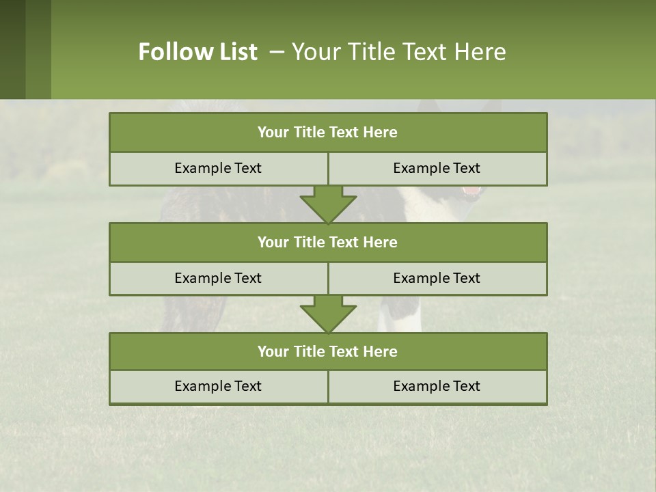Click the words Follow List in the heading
[197, 52]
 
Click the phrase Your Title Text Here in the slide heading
[398, 52]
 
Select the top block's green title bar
[328, 133]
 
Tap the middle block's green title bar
[328, 242]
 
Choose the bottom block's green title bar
[328, 351]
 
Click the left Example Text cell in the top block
[218, 168]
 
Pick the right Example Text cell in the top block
[437, 168]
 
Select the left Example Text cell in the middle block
[218, 278]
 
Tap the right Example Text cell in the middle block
[437, 278]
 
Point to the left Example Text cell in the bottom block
[218, 386]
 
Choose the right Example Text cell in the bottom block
[437, 386]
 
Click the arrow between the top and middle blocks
[328, 204]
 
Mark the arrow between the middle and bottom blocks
[328, 314]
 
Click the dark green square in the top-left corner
[12, 49]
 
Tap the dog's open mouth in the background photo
[471, 191]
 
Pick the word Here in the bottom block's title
[381, 351]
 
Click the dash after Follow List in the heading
[277, 52]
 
